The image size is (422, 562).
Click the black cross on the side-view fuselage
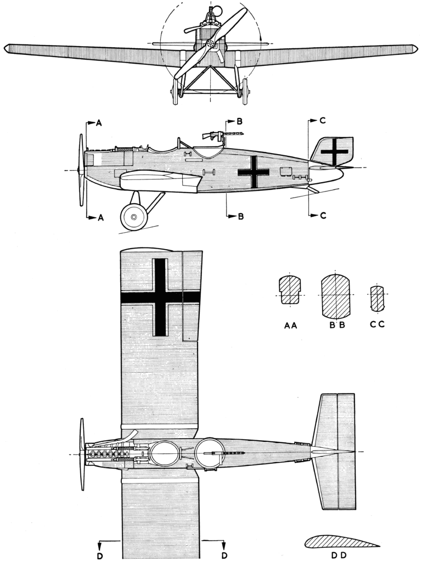click(254, 172)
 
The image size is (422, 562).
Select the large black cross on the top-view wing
click(159, 297)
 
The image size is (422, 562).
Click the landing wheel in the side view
click(134, 217)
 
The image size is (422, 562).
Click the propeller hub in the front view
click(211, 44)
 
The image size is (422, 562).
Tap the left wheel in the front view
click(175, 92)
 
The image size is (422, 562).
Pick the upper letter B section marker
click(239, 121)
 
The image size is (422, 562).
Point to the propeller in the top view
click(83, 454)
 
